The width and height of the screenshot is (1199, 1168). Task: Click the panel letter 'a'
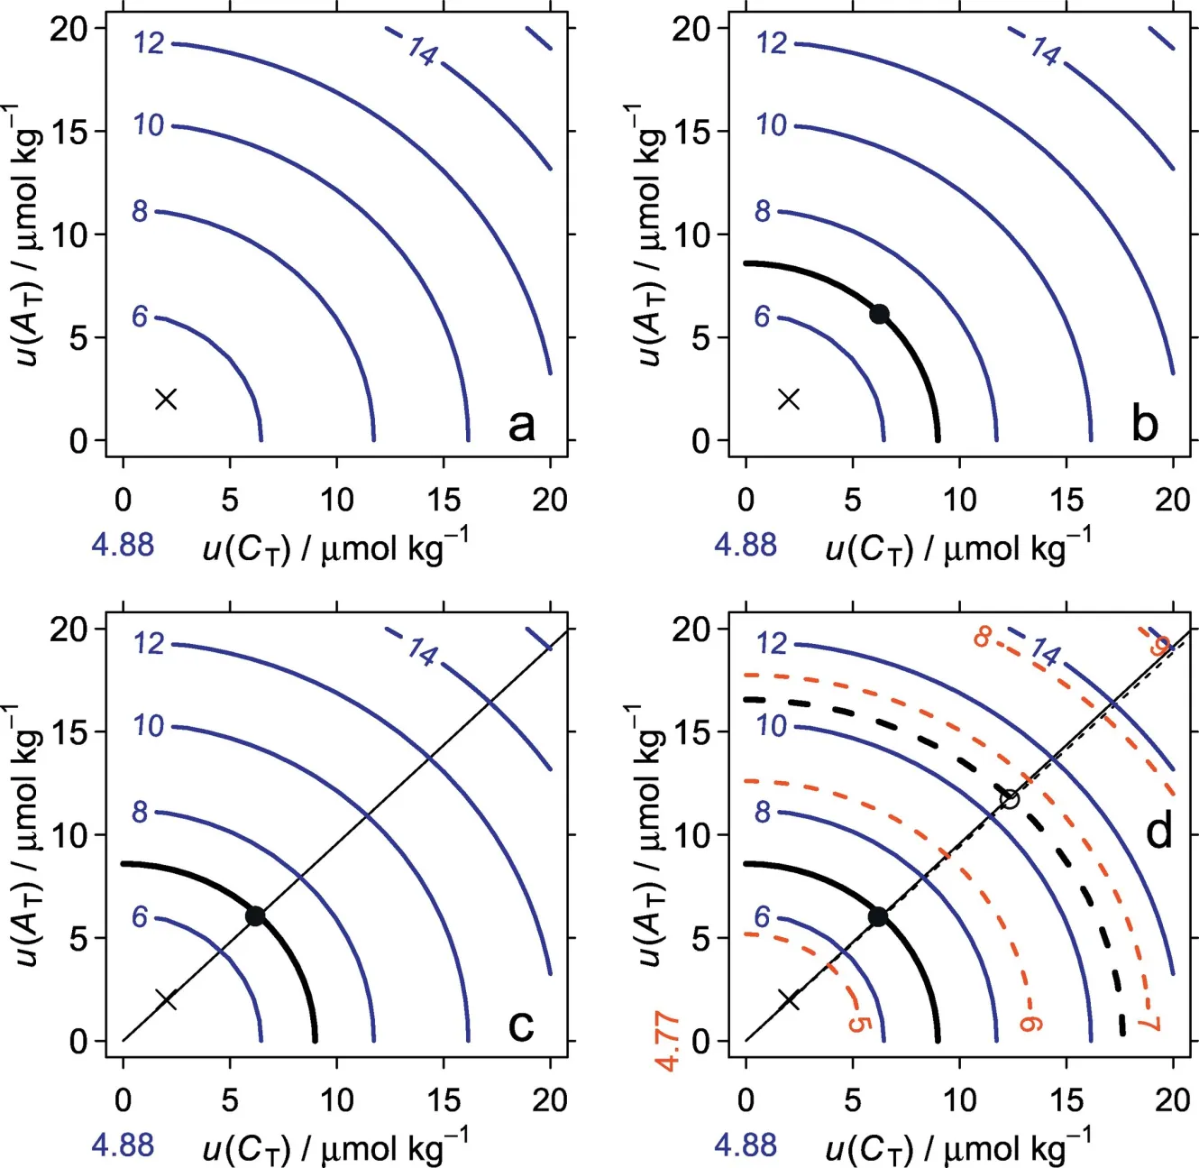(x=521, y=424)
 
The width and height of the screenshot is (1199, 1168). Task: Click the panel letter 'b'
(x=1144, y=423)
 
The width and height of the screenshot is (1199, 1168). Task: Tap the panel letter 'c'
(x=521, y=1024)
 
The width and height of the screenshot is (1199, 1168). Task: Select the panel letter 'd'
(x=1158, y=830)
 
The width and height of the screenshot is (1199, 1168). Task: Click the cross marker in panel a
(x=166, y=399)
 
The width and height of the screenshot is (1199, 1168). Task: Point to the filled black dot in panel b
(x=879, y=314)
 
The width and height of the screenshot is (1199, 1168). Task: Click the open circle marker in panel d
(x=1010, y=799)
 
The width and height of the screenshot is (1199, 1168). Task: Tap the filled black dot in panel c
(x=255, y=916)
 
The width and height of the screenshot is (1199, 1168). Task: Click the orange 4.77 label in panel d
(x=668, y=1044)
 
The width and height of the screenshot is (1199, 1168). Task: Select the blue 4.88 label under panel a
(x=123, y=545)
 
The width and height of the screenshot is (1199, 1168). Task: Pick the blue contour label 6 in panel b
(x=763, y=317)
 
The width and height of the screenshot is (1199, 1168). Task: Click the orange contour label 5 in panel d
(x=858, y=1025)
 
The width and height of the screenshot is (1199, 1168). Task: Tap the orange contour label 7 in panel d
(x=1149, y=1023)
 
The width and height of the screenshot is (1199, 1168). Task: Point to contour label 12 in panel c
(x=149, y=643)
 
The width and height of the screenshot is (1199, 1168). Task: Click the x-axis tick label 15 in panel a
(x=444, y=499)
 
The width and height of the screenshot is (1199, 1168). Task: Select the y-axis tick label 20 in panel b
(x=691, y=29)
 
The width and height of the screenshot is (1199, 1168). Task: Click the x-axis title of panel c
(x=334, y=1147)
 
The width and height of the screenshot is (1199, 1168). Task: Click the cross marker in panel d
(x=789, y=999)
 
